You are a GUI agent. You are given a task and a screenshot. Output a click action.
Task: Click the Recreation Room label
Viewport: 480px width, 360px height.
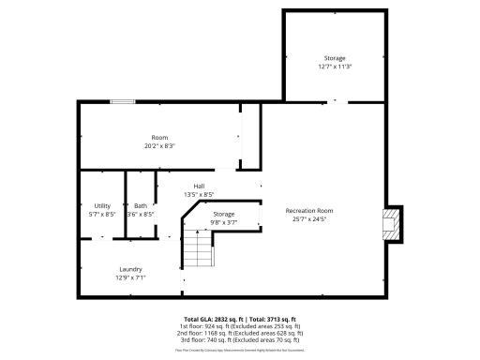pos(309,211)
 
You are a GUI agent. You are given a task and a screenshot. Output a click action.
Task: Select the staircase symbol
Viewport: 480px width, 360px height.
pos(197,248)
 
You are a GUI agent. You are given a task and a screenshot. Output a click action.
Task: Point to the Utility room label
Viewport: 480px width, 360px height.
pos(102,206)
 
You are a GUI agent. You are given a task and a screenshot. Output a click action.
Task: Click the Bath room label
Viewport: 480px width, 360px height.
pos(141,206)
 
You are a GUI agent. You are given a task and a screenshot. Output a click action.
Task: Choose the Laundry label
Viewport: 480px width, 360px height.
pos(130,269)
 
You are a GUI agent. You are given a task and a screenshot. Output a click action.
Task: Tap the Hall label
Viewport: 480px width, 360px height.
pos(199,187)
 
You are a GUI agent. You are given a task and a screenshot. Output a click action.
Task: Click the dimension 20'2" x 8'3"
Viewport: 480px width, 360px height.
pos(159,146)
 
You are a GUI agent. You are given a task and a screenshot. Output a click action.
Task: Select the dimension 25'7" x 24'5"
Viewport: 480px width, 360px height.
pos(309,219)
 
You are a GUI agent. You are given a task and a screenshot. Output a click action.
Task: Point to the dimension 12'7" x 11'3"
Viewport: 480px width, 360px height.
pos(335,67)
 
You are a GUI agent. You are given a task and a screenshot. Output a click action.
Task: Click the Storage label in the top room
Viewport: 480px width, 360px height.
pos(335,58)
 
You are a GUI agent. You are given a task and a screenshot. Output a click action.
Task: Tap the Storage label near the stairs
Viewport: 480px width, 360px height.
pos(223,215)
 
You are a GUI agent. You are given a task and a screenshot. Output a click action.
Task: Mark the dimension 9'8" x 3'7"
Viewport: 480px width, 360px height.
pos(223,222)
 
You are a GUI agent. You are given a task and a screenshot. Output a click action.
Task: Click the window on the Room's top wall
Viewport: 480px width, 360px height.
pos(122,101)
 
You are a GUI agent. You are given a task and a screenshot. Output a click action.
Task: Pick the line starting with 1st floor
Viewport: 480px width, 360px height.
pos(239,326)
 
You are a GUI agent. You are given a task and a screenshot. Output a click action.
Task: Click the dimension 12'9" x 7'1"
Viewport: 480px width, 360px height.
pos(130,277)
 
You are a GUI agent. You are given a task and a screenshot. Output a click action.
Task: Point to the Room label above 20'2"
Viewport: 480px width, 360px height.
pos(159,138)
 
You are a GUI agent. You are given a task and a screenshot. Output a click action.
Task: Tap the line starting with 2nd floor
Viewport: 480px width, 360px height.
pos(239,333)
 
